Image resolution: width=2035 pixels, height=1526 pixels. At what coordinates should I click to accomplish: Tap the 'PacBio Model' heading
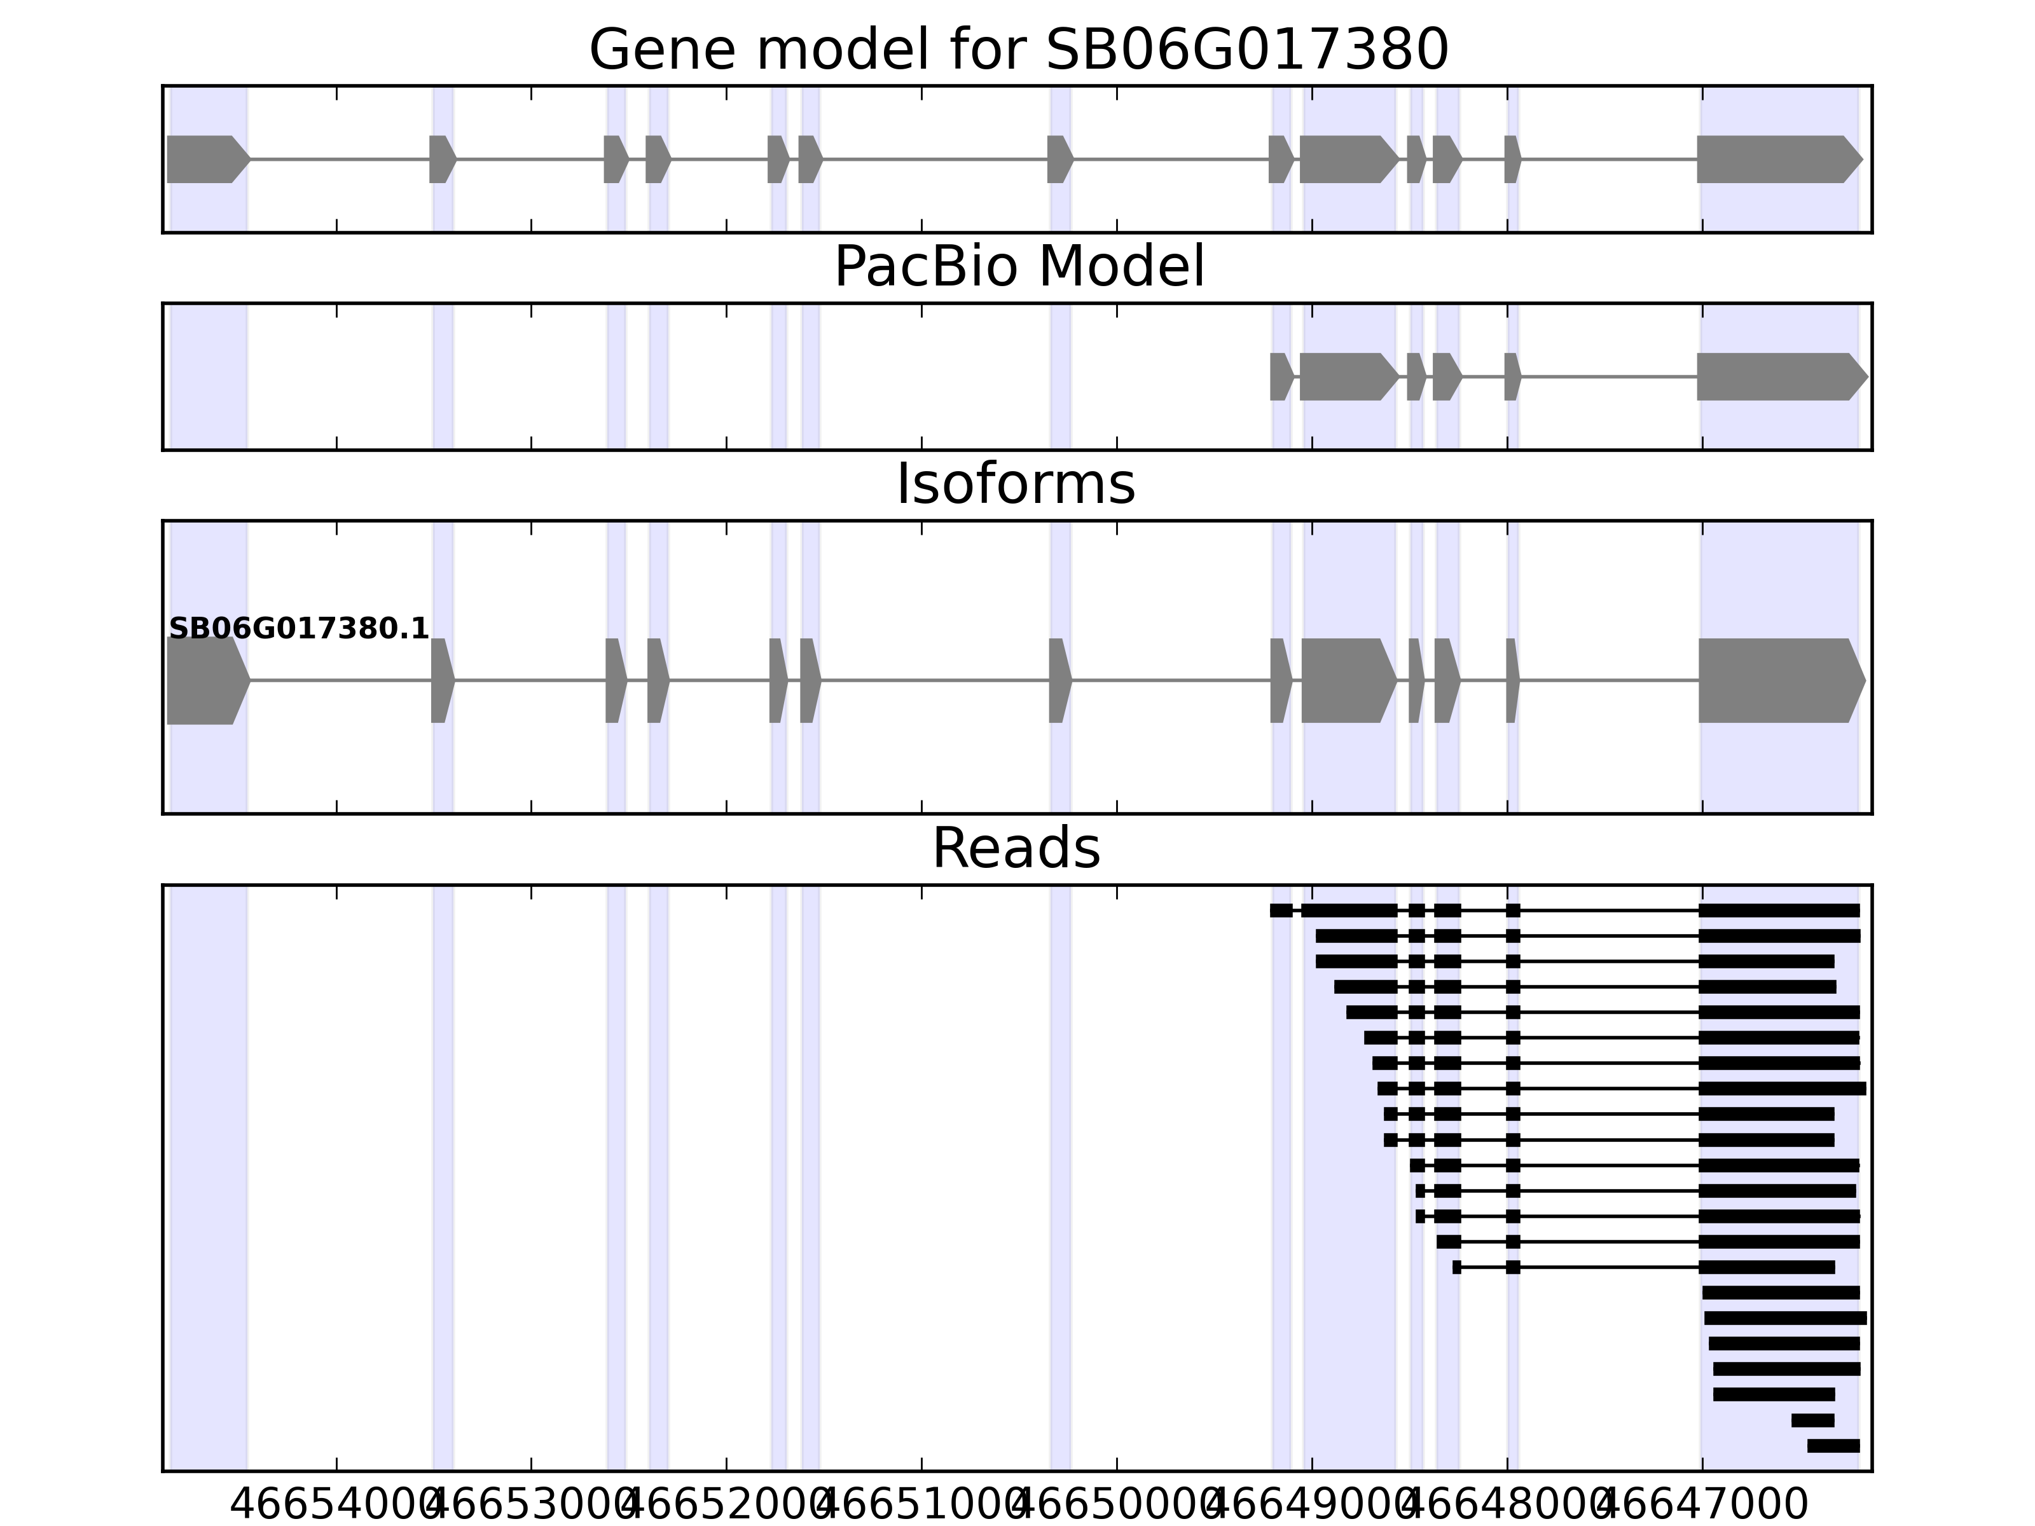tap(1018, 268)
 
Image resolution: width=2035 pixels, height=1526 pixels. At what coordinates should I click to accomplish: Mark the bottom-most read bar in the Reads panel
tap(1833, 1446)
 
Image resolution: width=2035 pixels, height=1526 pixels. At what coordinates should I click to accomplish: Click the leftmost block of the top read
tap(1281, 911)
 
